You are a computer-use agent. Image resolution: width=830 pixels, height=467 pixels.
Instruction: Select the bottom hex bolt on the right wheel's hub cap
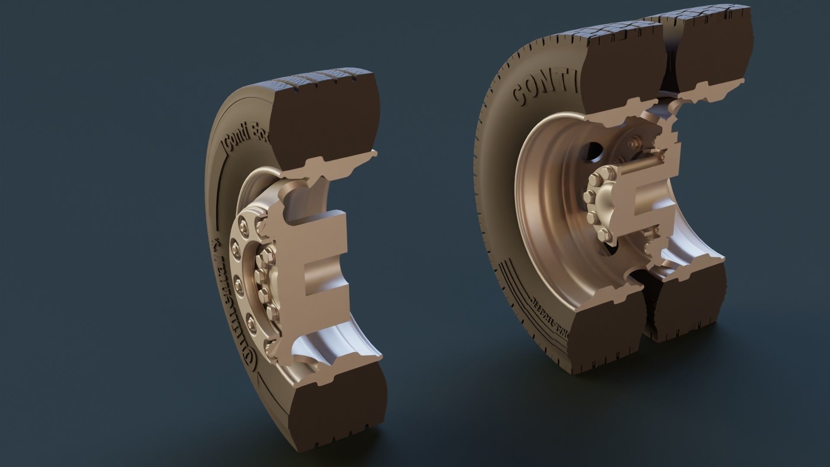[603, 236]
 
